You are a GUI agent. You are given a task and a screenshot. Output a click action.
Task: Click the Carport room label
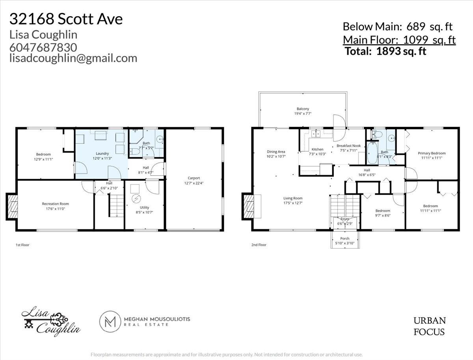click(x=194, y=178)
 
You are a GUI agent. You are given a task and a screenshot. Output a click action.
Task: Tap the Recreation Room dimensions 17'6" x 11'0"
click(x=56, y=209)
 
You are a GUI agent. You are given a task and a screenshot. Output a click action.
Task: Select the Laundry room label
click(x=102, y=154)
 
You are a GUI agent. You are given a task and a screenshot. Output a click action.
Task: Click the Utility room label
click(x=144, y=207)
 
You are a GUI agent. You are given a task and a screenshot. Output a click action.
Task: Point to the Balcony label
click(x=303, y=109)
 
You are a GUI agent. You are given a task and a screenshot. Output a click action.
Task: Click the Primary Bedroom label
click(x=432, y=153)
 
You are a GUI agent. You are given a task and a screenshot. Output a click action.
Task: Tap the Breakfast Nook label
click(x=348, y=146)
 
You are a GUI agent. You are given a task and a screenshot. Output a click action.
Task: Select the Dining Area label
click(x=276, y=152)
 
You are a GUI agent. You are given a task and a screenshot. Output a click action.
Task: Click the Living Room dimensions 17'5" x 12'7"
click(x=293, y=203)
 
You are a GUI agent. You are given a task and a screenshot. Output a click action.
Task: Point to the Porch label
click(x=345, y=238)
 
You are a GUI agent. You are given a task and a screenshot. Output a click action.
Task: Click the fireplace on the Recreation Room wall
click(x=12, y=206)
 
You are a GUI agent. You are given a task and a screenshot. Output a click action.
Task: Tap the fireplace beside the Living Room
click(x=248, y=206)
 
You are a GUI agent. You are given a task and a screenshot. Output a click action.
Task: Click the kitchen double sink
click(x=316, y=134)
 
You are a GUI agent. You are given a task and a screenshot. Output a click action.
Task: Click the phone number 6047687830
click(x=43, y=48)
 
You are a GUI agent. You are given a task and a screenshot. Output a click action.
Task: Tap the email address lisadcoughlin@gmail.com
click(x=73, y=58)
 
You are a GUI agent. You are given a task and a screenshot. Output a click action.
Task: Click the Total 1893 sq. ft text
click(x=385, y=51)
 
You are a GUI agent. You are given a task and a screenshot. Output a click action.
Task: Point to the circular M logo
click(x=110, y=322)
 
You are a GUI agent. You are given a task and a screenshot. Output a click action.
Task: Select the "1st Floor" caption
click(x=22, y=245)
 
